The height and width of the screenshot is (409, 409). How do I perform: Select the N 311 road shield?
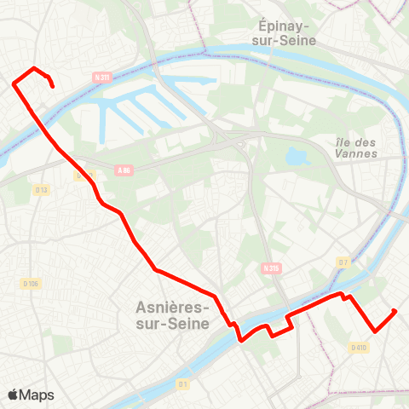pyautogui.click(x=103, y=78)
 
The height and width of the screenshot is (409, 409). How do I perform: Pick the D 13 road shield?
pyautogui.click(x=42, y=189)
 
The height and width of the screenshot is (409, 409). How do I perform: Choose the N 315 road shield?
pyautogui.click(x=271, y=268)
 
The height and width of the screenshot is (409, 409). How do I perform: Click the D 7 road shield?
pyautogui.click(x=343, y=262)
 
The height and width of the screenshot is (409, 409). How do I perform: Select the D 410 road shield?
pyautogui.click(x=358, y=347)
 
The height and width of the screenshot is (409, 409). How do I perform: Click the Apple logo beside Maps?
pyautogui.click(x=14, y=395)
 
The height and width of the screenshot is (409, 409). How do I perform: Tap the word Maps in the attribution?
pyautogui.click(x=37, y=395)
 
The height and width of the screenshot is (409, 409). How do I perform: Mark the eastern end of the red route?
pyautogui.click(x=395, y=311)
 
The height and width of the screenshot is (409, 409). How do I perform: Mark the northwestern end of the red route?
pyautogui.click(x=53, y=86)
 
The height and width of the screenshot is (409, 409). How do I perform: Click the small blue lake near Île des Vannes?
pyautogui.click(x=297, y=157)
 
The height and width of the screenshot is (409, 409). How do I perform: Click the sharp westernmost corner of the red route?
pyautogui.click(x=14, y=84)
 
